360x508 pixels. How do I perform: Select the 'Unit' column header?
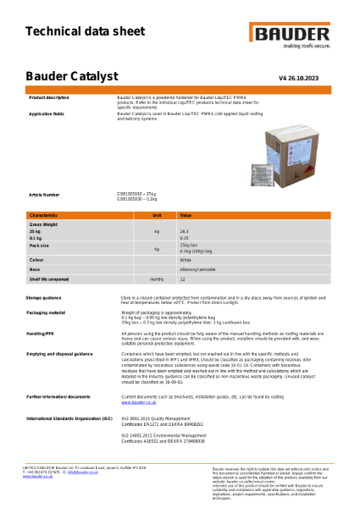coord(157,216)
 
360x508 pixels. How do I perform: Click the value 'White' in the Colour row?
coord(185,259)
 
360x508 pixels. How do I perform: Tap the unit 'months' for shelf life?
coord(157,278)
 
